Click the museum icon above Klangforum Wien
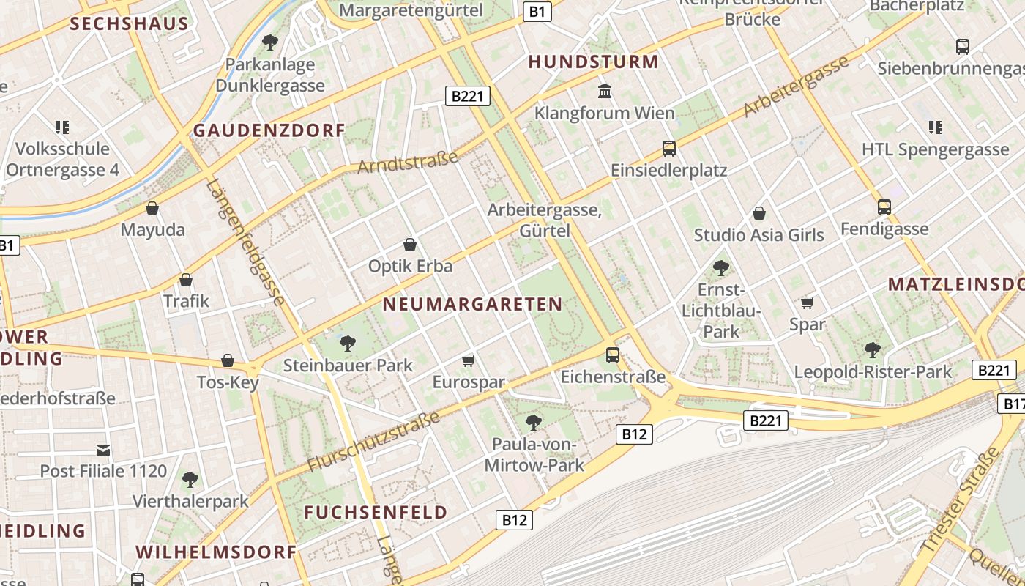click(x=605, y=92)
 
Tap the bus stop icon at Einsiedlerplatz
click(x=668, y=149)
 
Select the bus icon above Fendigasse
click(x=884, y=207)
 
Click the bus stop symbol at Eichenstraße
click(x=612, y=355)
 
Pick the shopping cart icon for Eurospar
click(x=469, y=360)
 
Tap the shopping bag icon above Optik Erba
click(x=410, y=245)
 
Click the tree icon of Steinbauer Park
click(x=348, y=343)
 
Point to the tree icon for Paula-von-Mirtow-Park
click(x=534, y=423)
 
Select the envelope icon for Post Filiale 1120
click(x=103, y=450)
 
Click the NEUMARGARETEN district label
click(x=472, y=304)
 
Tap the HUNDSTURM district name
click(x=593, y=62)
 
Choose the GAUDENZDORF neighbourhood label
click(x=269, y=131)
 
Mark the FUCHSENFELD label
click(x=376, y=512)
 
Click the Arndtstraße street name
click(x=408, y=162)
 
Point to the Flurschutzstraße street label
click(x=373, y=442)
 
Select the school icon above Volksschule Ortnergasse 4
click(x=62, y=127)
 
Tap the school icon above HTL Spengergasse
click(x=935, y=127)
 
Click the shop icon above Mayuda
click(x=152, y=209)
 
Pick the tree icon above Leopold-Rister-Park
click(x=872, y=349)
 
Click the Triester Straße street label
click(x=961, y=500)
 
